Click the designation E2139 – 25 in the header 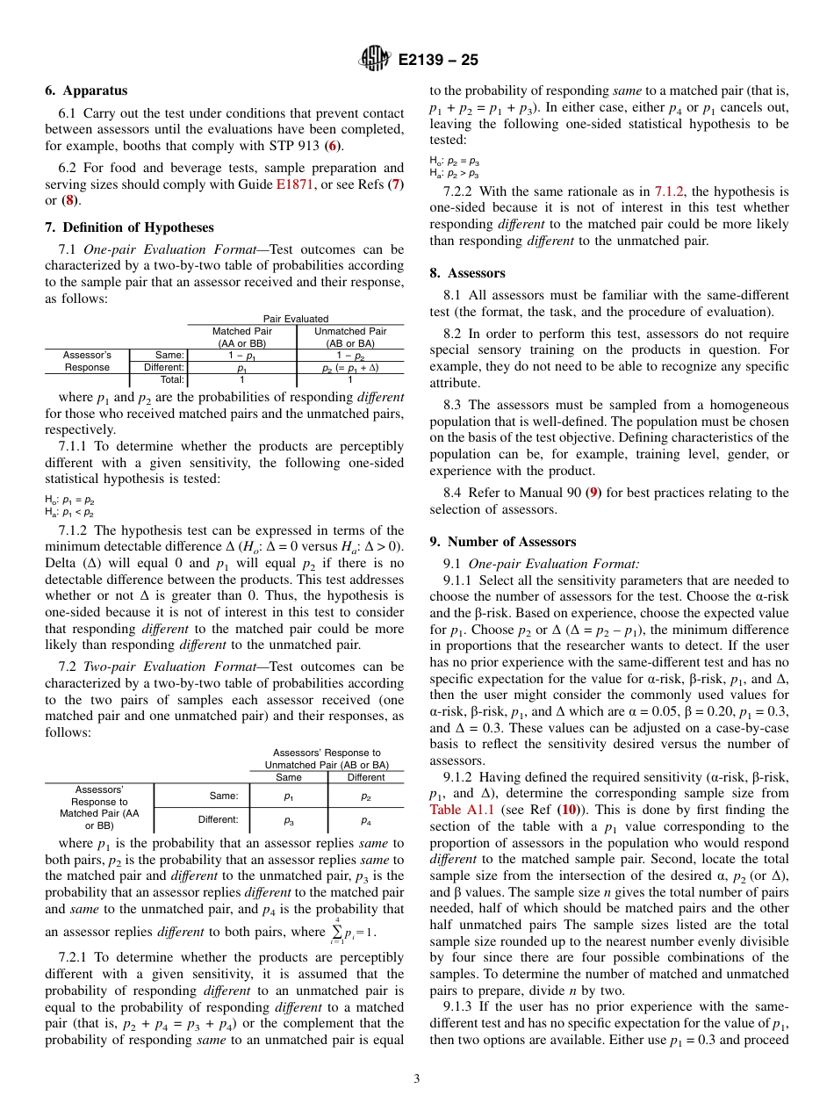click(438, 61)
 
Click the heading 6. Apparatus click(86, 90)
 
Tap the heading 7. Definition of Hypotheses click(129, 227)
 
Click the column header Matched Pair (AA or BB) click(243, 337)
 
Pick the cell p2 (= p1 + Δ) click(350, 368)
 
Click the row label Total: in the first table click(172, 380)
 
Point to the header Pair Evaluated click(296, 319)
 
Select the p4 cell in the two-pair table click(365, 819)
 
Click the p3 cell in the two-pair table click(289, 819)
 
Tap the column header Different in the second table click(365, 777)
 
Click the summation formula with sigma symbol click(352, 929)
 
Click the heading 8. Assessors click(467, 273)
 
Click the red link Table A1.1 click(461, 810)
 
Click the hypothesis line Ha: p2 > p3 click(454, 173)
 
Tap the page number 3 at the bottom click(417, 1077)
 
